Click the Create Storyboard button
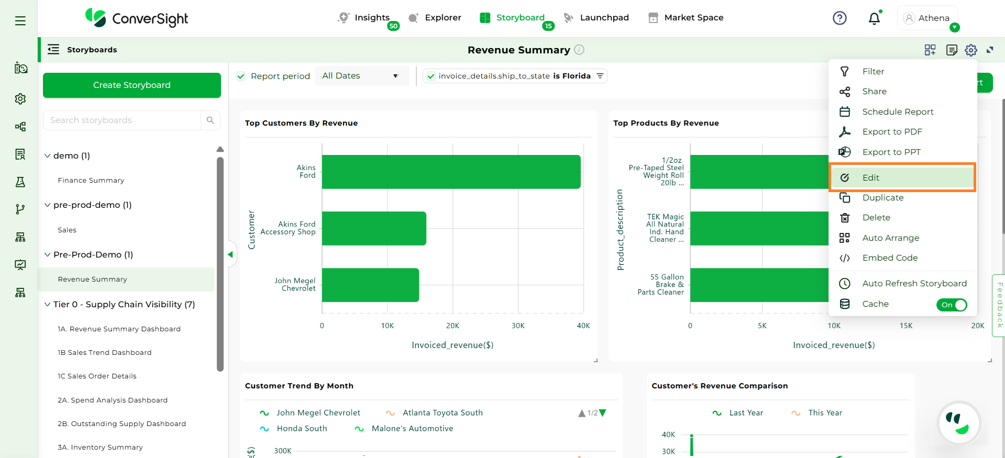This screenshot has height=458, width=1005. (x=131, y=85)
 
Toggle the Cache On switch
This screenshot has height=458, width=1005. (x=951, y=305)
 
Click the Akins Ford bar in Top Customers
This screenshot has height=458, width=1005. (x=450, y=172)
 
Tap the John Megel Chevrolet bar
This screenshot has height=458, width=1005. (x=370, y=285)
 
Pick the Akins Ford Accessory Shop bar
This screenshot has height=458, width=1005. (x=374, y=228)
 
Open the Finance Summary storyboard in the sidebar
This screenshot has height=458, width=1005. (x=91, y=180)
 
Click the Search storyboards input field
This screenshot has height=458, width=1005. (x=123, y=120)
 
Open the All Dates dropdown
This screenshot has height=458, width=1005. (x=361, y=76)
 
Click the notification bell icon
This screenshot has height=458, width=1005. (x=874, y=19)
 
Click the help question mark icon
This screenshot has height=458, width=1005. (x=840, y=18)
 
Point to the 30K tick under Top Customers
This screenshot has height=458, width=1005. (x=518, y=326)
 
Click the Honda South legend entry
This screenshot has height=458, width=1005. (x=301, y=429)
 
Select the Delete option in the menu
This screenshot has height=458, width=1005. (x=876, y=218)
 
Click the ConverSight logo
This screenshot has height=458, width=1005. (x=137, y=18)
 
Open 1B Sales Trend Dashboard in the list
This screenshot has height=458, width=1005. (x=105, y=353)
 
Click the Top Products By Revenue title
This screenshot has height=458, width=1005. (x=666, y=123)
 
